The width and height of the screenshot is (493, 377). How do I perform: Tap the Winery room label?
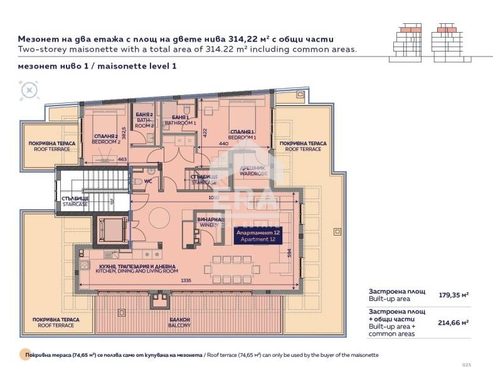click(x=207, y=222)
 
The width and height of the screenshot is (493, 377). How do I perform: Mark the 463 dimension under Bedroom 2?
click(x=122, y=160)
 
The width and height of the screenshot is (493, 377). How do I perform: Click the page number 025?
click(x=465, y=366)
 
